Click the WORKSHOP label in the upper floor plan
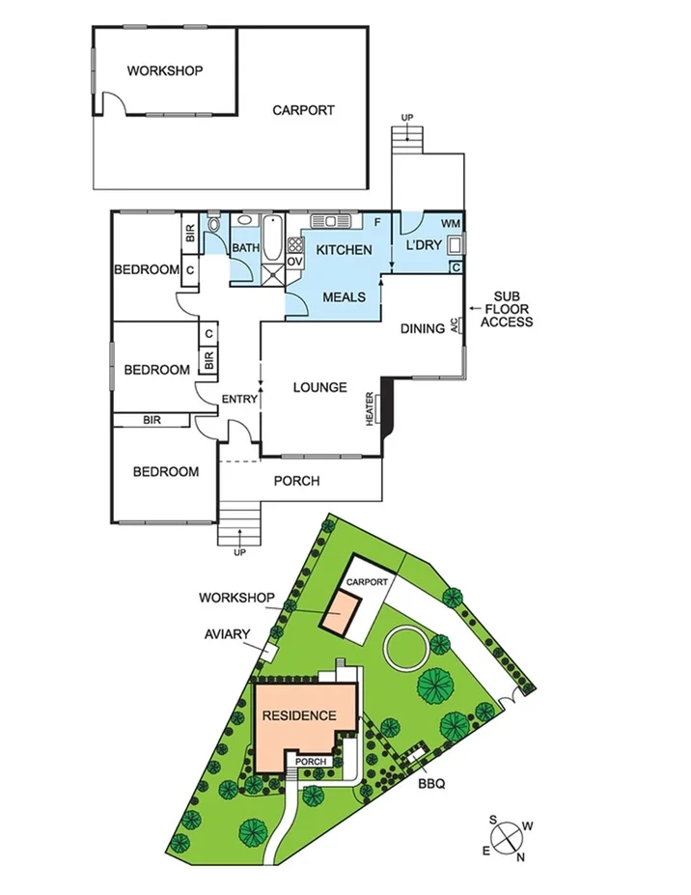pyautogui.click(x=165, y=70)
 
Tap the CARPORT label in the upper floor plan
pyautogui.click(x=303, y=110)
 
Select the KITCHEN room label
pyautogui.click(x=344, y=250)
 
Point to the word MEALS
pyautogui.click(x=344, y=296)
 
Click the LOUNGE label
pyautogui.click(x=319, y=387)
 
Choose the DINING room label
pyautogui.click(x=424, y=328)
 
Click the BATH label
pyautogui.click(x=245, y=248)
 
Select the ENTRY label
pyautogui.click(x=238, y=399)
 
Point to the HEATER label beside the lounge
pyautogui.click(x=369, y=408)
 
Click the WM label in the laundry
pyautogui.click(x=451, y=224)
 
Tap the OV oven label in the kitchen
pyautogui.click(x=295, y=261)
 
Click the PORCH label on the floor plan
pyautogui.click(x=296, y=481)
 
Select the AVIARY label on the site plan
pyautogui.click(x=228, y=634)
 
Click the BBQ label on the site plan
pyautogui.click(x=430, y=784)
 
